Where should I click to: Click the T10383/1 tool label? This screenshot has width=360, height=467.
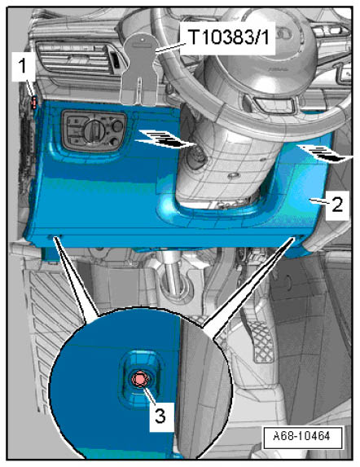(229, 37)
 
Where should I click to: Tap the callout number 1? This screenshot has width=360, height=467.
(23, 65)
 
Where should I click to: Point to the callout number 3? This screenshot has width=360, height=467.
(160, 416)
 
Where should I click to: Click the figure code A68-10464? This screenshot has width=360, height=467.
(301, 436)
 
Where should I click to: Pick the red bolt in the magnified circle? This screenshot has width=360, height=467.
(138, 379)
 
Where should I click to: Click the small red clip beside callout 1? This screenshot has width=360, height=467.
(34, 102)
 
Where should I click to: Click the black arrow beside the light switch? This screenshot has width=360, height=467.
(164, 139)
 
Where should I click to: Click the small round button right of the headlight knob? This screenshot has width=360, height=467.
(118, 126)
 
